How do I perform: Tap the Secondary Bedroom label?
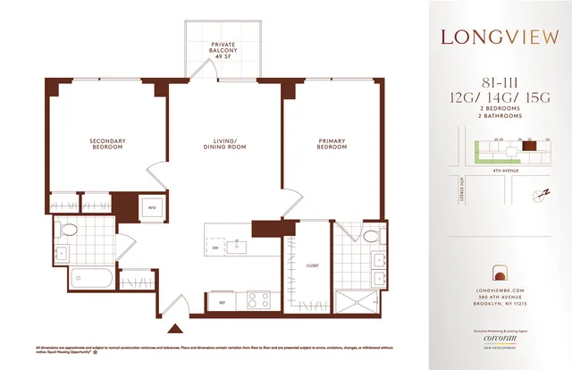tap(107, 144)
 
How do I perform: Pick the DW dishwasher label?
tap(215, 248)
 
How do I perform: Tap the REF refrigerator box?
tap(220, 302)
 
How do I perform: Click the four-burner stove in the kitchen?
tap(259, 299)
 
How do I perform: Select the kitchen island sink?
tap(238, 247)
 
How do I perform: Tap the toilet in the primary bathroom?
tap(368, 237)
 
